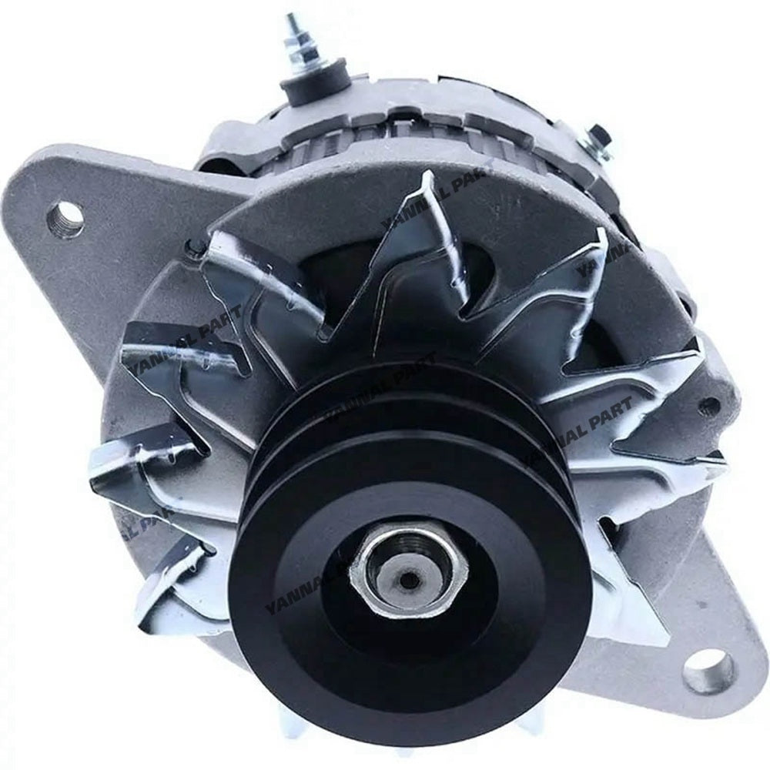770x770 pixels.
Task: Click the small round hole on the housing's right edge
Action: [709, 406]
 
